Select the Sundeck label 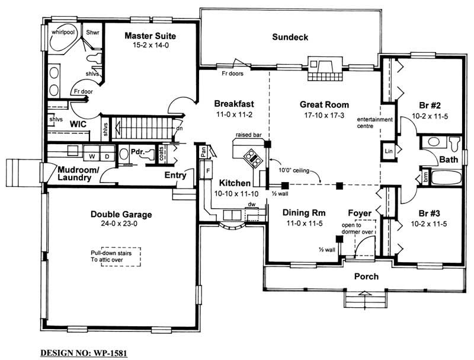tap(290, 37)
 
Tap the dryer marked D tap(106, 157)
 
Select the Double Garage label tap(121, 214)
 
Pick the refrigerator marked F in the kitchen tap(207, 172)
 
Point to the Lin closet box tap(388, 151)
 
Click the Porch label tap(366, 276)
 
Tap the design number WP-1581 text tap(84, 353)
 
